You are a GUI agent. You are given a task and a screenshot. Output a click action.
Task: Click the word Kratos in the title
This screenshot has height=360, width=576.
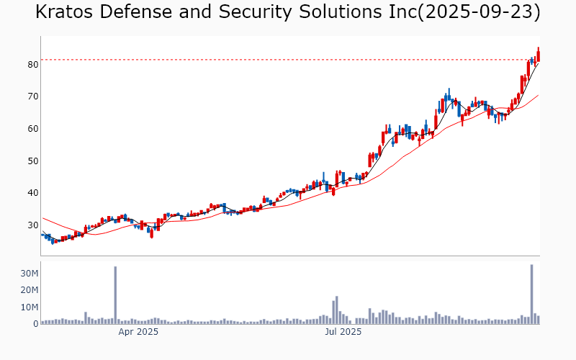pos(63,12)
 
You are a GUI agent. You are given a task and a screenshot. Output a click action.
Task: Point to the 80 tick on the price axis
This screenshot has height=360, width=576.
pos(32,64)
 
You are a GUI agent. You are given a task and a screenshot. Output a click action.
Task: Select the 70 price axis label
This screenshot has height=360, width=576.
pos(32,96)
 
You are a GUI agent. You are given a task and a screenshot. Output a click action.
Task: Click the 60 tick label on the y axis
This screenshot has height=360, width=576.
pos(32,129)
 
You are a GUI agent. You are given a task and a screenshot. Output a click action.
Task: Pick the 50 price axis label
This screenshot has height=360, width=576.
pos(32,161)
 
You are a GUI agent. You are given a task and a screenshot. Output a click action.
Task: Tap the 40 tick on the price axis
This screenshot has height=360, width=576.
pos(32,193)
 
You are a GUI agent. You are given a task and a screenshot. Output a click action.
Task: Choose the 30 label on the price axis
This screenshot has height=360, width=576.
pos(32,225)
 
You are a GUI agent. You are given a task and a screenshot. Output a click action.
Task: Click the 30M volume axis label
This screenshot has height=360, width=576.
pos(29,274)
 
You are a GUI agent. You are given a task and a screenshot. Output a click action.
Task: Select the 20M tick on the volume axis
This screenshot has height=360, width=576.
pos(29,290)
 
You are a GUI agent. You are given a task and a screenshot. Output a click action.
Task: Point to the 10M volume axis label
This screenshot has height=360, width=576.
pos(29,307)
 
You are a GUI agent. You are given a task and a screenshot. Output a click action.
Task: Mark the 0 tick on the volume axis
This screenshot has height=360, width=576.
pos(35,324)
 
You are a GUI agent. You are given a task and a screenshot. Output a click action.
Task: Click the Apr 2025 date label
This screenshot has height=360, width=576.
pos(138,332)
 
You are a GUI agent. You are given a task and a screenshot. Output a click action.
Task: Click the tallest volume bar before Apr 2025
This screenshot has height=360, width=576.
pos(115,295)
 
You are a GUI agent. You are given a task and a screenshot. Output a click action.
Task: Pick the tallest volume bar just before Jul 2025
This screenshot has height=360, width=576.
pos(336,310)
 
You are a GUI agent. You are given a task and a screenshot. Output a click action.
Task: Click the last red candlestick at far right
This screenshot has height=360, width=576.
pos(538,55)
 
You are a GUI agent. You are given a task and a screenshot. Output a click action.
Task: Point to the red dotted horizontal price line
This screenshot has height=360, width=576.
pos(288,60)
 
